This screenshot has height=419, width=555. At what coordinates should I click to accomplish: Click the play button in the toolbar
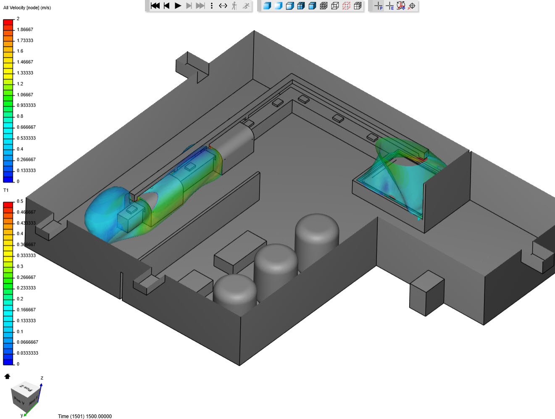pos(178,5)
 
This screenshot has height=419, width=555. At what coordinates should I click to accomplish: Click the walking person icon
pos(234,5)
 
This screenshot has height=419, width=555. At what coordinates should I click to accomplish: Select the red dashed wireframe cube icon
pos(346,5)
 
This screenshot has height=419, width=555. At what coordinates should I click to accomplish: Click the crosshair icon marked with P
pos(378,5)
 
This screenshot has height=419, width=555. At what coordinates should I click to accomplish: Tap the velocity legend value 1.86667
pos(25,29)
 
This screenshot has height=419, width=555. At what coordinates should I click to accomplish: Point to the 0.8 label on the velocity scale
pos(20,116)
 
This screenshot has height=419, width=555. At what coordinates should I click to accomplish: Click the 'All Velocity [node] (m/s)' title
pos(27,8)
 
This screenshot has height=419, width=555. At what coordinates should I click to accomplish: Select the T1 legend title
pos(6,190)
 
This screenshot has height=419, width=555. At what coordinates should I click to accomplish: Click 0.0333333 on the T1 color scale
pos(27,353)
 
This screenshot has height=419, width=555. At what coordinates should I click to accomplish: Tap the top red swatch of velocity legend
pos(8,22)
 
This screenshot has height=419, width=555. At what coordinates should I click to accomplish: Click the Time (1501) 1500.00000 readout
pos(84,416)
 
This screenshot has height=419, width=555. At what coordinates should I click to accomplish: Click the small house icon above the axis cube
pos(7,376)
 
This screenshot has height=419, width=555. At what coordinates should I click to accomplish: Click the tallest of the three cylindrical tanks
pos(317,235)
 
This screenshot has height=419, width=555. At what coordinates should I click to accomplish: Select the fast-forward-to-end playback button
pos(200,5)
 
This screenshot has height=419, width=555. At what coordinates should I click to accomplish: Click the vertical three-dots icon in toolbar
pos(212,5)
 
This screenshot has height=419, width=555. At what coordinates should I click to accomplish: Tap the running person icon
pos(246,5)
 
